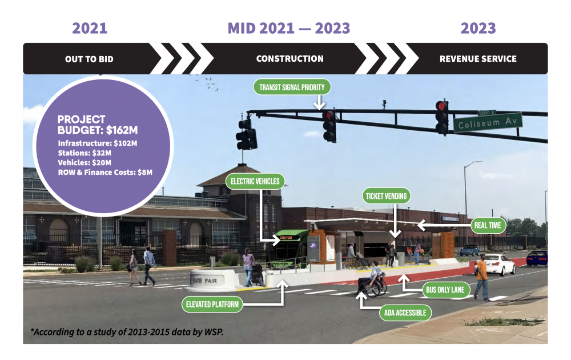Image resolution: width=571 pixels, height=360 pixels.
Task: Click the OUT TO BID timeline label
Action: tap(89, 59)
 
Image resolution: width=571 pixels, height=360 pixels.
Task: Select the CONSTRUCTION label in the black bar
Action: tap(290, 59)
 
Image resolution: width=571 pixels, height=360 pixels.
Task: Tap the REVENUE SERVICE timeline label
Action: tap(478, 59)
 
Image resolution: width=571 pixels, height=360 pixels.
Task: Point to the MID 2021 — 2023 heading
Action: tap(289, 28)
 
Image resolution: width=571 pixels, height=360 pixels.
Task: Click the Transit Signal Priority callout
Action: tap(292, 87)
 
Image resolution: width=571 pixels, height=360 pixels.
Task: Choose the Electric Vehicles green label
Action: tap(255, 181)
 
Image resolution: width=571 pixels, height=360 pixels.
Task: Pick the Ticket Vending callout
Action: tap(386, 196)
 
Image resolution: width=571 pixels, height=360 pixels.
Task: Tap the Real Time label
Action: tap(488, 225)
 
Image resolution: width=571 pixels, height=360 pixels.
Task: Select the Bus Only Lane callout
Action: tap(445, 290)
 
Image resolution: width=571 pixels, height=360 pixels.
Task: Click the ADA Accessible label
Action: tap(405, 313)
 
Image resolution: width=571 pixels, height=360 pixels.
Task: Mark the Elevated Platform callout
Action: tap(212, 304)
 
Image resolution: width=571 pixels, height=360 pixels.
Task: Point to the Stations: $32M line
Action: tap(85, 153)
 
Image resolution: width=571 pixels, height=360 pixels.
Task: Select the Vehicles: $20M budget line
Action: tap(85, 162)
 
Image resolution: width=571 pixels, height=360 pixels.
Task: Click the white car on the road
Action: tap(496, 264)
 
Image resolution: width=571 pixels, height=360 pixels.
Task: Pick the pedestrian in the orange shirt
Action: tap(482, 277)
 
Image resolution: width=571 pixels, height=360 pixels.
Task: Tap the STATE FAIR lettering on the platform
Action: tap(204, 281)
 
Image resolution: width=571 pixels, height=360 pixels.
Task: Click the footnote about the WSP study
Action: tap(127, 331)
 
